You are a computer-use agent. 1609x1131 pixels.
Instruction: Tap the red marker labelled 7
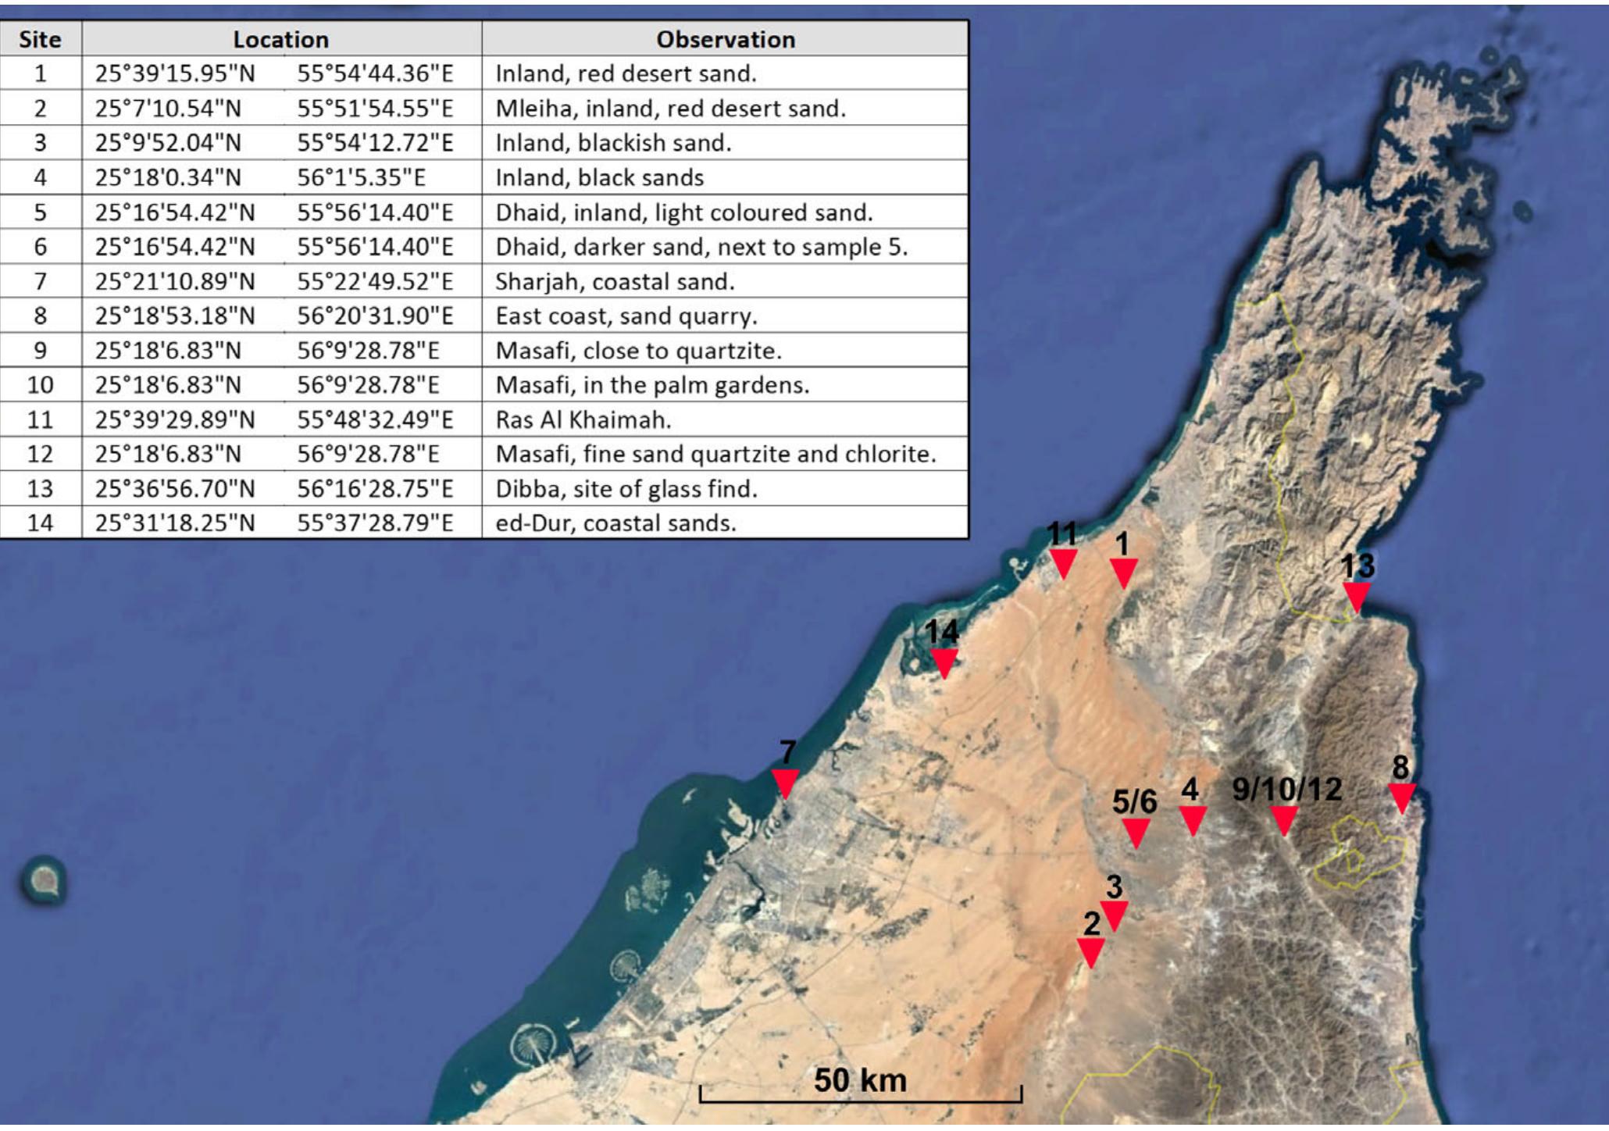click(785, 783)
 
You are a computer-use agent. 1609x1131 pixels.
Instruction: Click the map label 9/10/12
click(1286, 789)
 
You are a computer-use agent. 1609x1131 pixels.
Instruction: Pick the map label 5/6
click(1134, 801)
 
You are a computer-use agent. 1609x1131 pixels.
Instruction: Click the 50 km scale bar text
click(860, 1080)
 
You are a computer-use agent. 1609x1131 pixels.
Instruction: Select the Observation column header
click(725, 39)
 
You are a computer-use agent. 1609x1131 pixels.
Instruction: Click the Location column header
click(281, 39)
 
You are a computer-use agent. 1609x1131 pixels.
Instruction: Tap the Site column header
click(40, 39)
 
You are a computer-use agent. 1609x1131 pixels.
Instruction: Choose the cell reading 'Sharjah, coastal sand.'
click(615, 281)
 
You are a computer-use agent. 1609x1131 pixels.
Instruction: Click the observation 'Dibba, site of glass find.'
click(626, 489)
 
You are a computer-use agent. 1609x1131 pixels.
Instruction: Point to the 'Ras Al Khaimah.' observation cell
click(583, 420)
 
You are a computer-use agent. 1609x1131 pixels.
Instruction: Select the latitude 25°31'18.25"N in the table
click(175, 523)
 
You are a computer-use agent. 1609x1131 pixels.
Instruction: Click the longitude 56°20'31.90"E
click(375, 316)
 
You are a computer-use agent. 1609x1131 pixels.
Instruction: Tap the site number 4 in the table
click(40, 178)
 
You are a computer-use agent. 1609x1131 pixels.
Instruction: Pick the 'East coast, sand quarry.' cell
click(626, 316)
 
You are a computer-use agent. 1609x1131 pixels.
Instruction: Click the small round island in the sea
click(44, 881)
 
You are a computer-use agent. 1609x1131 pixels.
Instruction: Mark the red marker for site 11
click(1063, 563)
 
